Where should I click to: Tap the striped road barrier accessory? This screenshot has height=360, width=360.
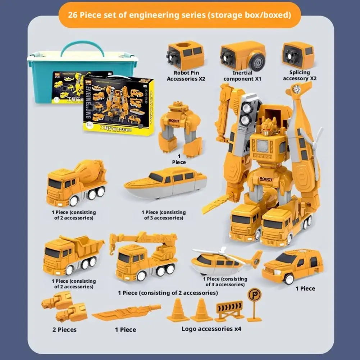229,310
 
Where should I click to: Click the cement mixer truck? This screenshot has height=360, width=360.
76,184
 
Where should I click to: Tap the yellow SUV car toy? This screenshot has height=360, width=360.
292,266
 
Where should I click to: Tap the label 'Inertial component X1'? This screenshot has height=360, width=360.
242,76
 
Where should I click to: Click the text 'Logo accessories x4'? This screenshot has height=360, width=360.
211,329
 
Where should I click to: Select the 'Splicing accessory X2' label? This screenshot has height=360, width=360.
299,76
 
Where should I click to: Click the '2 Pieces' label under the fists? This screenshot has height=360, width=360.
64,329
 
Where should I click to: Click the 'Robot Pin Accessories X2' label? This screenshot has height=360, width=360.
186,76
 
